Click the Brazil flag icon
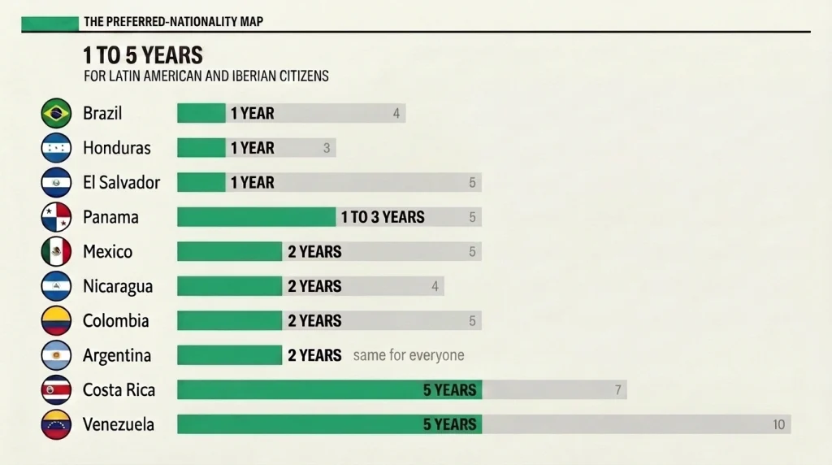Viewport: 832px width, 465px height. click(56, 113)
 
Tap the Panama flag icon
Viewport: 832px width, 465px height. click(56, 217)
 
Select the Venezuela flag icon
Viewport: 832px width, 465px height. click(56, 424)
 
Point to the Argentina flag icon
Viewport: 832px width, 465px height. click(56, 355)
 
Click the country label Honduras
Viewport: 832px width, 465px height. click(117, 148)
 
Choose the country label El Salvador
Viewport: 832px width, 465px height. click(122, 183)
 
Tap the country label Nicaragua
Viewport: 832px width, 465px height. click(118, 287)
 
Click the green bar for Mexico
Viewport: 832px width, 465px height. click(230, 252)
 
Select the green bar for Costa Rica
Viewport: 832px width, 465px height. click(330, 389)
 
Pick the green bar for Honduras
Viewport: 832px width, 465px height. click(201, 148)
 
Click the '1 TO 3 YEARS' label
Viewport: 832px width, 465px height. click(383, 217)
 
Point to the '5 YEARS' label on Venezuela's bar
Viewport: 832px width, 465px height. click(449, 424)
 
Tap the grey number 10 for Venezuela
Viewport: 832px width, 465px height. click(778, 424)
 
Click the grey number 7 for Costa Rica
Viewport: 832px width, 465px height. click(617, 390)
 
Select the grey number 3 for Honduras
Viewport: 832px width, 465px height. click(327, 148)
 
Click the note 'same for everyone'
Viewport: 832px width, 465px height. click(409, 355)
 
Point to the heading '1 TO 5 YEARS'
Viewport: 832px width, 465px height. click(143, 55)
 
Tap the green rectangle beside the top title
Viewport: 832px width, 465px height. click(50, 23)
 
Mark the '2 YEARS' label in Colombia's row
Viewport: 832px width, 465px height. click(314, 320)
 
